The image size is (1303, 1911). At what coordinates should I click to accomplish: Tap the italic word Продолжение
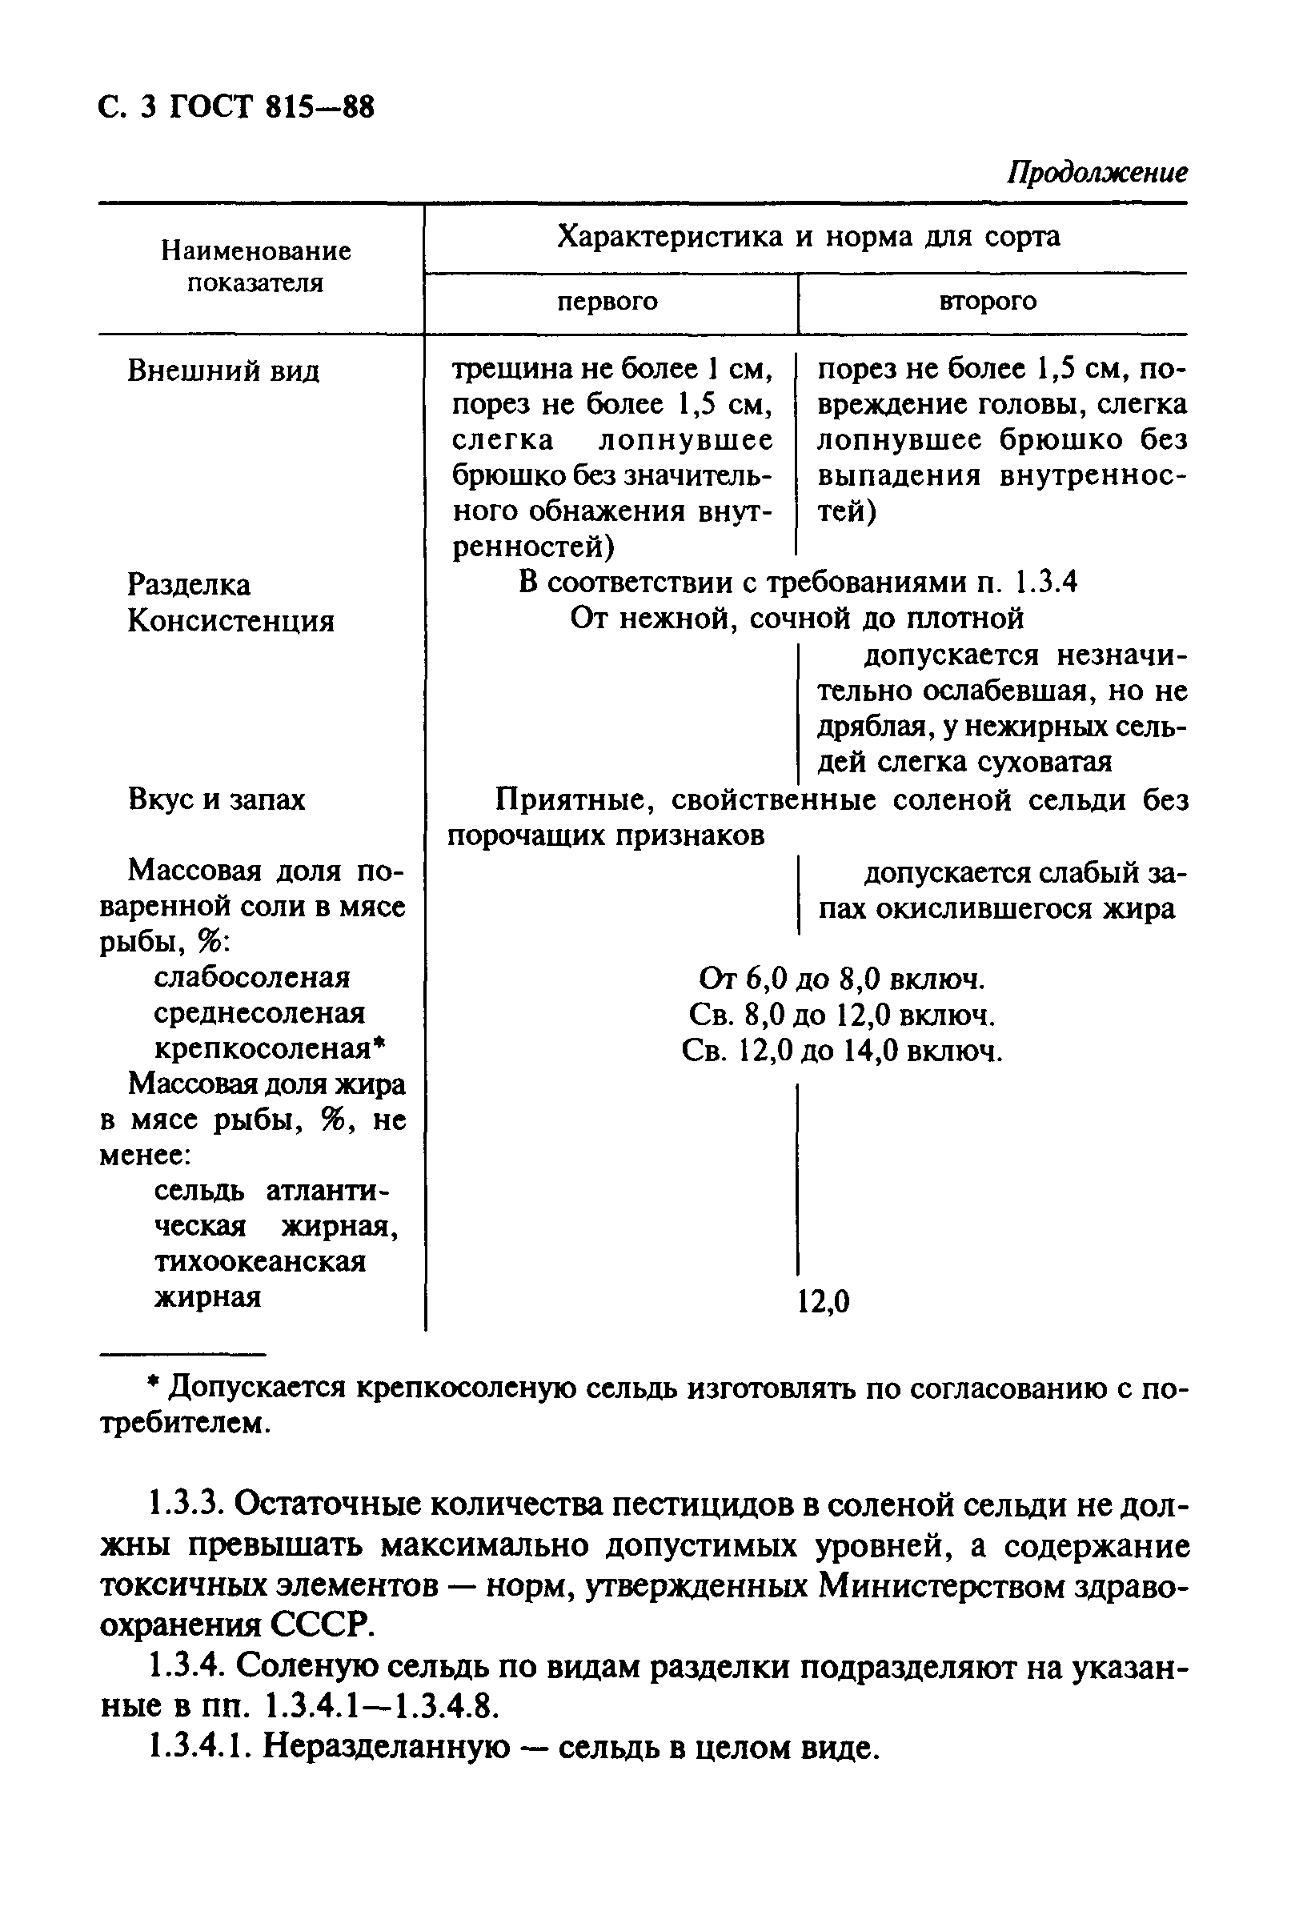(x=1097, y=173)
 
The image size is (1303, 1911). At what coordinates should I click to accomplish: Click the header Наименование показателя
(x=255, y=266)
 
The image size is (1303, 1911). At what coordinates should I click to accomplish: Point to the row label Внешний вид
(x=223, y=371)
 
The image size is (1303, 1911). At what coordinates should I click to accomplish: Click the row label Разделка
(x=188, y=585)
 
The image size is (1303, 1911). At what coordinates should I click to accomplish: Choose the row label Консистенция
(x=231, y=621)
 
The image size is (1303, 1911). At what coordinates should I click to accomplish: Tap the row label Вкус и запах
(x=216, y=799)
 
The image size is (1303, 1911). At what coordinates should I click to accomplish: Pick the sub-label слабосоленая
(x=251, y=978)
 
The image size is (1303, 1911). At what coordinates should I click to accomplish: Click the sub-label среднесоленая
(x=259, y=1013)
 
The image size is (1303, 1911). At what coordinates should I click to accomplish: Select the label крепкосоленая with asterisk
(x=269, y=1049)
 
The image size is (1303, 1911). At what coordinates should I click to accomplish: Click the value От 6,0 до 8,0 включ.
(x=841, y=980)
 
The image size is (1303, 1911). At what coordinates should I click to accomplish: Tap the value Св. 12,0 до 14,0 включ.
(x=841, y=1051)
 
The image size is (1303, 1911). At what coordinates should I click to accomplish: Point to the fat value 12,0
(x=824, y=1302)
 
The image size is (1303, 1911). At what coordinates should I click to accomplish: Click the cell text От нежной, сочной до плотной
(x=796, y=619)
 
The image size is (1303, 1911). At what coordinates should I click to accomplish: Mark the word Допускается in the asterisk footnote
(x=258, y=1389)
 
